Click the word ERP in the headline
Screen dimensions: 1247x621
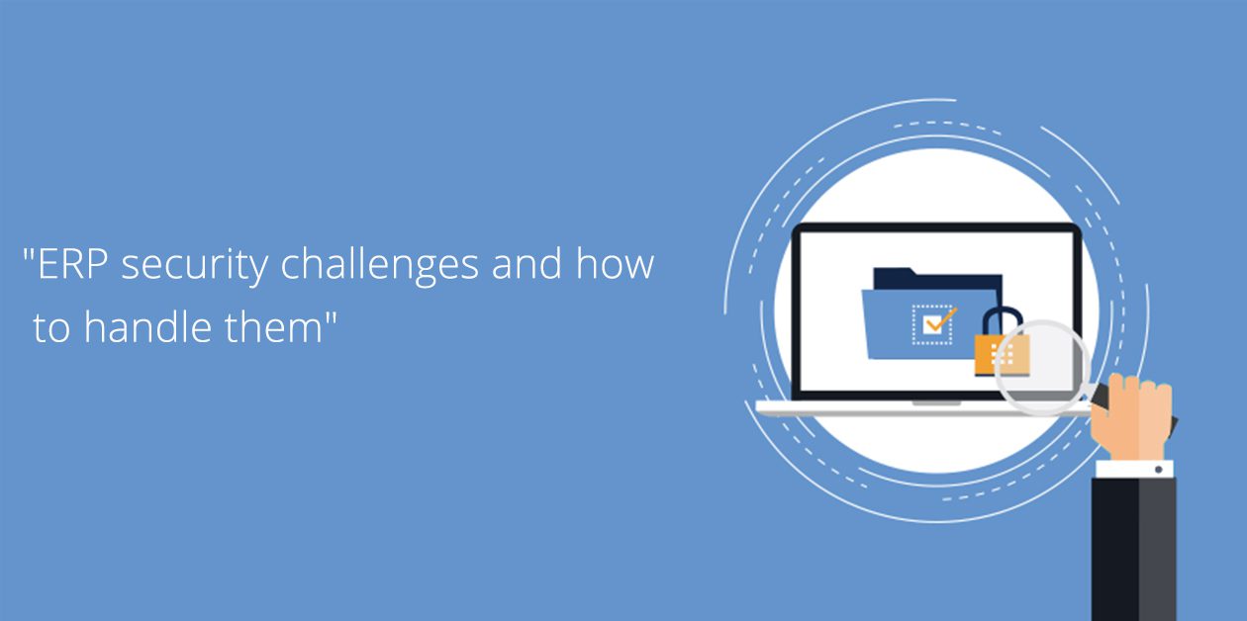72,264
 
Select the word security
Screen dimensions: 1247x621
195,266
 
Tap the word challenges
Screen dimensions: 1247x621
380,265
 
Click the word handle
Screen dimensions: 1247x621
147,326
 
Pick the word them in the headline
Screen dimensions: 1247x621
273,326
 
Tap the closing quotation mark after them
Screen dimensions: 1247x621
331,317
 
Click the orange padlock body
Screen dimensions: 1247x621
1002,355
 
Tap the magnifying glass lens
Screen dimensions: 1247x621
1042,367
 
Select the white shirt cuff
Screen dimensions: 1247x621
1134,469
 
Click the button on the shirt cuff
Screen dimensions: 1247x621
1159,470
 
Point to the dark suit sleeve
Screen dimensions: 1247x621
1134,549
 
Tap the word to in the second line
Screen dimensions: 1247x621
51,327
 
